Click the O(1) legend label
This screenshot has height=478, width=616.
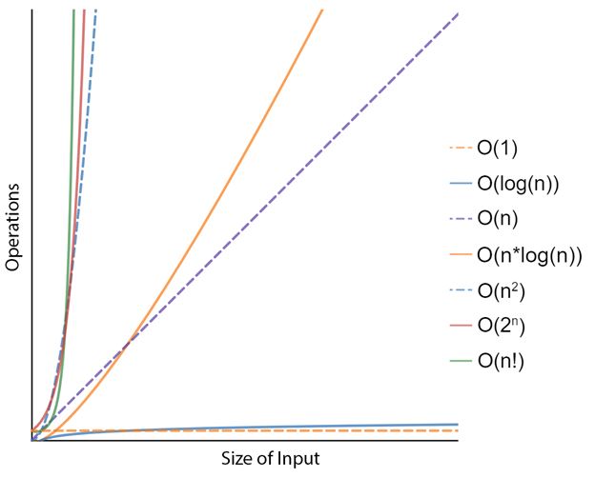coord(498,148)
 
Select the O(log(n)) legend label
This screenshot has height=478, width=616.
coord(517,183)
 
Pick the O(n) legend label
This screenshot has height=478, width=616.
coord(498,218)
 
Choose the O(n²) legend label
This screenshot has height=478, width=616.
coord(502,289)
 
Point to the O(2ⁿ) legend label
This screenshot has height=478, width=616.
coord(502,325)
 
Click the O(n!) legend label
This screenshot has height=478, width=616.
coord(500,360)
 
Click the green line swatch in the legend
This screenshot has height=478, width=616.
coord(461,360)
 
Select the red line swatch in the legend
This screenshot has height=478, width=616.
coord(461,325)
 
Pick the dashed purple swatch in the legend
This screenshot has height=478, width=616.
coord(461,218)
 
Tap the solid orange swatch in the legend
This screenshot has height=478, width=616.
coord(461,254)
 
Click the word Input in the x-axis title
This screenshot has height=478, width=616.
coord(298,459)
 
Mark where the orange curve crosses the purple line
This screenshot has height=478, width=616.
coord(124,342)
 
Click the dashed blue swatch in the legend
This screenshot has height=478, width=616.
coord(461,289)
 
